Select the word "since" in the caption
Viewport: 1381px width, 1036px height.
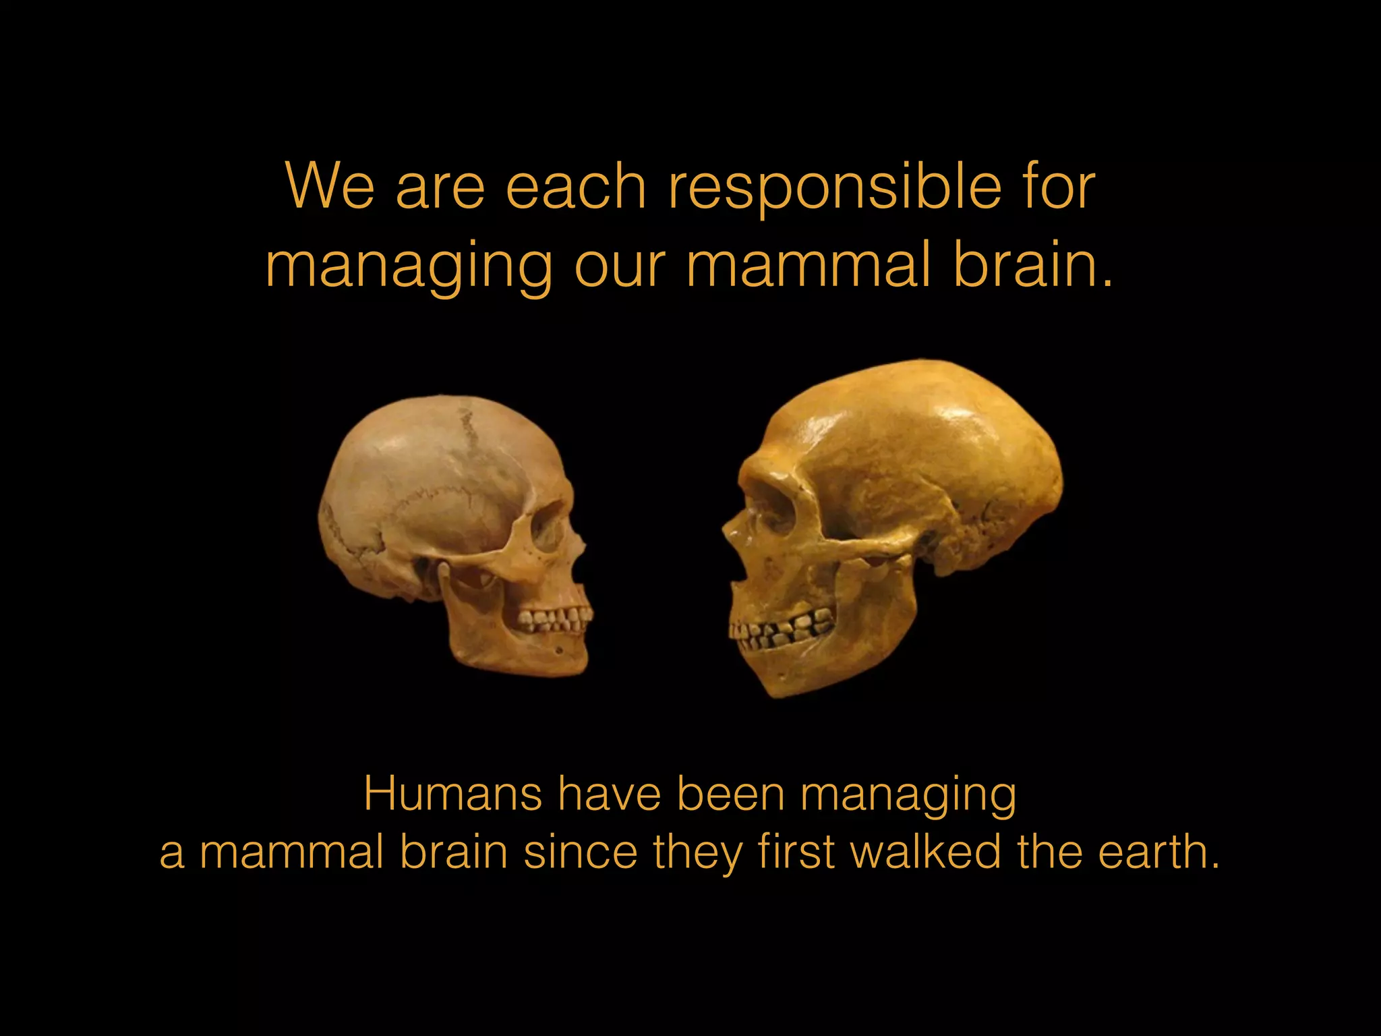tap(581, 852)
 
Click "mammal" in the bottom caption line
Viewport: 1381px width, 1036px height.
tap(292, 853)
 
